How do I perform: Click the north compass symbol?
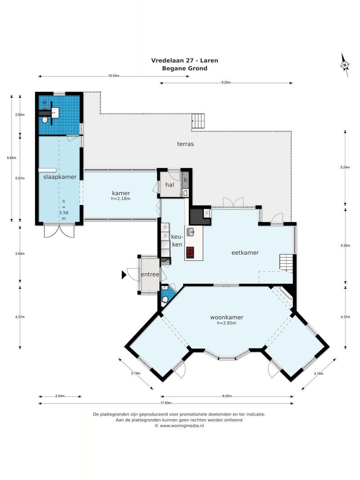344,64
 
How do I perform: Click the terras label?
185,144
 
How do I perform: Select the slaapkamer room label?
60,176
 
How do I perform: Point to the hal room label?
169,184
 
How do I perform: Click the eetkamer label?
245,252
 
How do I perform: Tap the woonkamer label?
227,317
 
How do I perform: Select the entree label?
150,275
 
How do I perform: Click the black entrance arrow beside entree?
124,276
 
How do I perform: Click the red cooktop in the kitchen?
190,252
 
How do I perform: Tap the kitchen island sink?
190,232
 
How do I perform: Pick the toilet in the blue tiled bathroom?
45,120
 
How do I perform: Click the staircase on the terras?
199,120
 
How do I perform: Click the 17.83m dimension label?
165,404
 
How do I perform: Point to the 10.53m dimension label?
114,76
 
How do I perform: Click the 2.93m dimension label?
60,396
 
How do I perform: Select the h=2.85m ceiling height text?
227,323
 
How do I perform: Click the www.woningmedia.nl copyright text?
179,426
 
